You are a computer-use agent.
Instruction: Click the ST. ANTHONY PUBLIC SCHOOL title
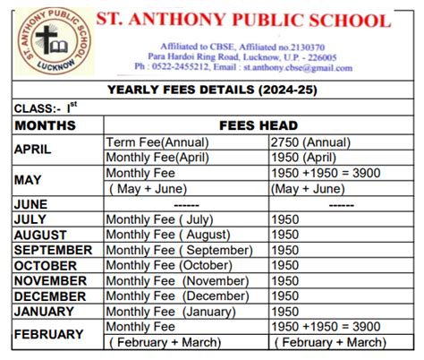(x=257, y=21)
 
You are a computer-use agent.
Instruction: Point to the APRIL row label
(x=33, y=150)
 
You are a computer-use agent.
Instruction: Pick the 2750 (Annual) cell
(x=313, y=142)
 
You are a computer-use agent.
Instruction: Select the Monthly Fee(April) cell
(x=157, y=157)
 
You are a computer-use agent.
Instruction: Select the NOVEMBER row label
(x=48, y=280)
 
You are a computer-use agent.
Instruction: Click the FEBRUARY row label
(x=48, y=334)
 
